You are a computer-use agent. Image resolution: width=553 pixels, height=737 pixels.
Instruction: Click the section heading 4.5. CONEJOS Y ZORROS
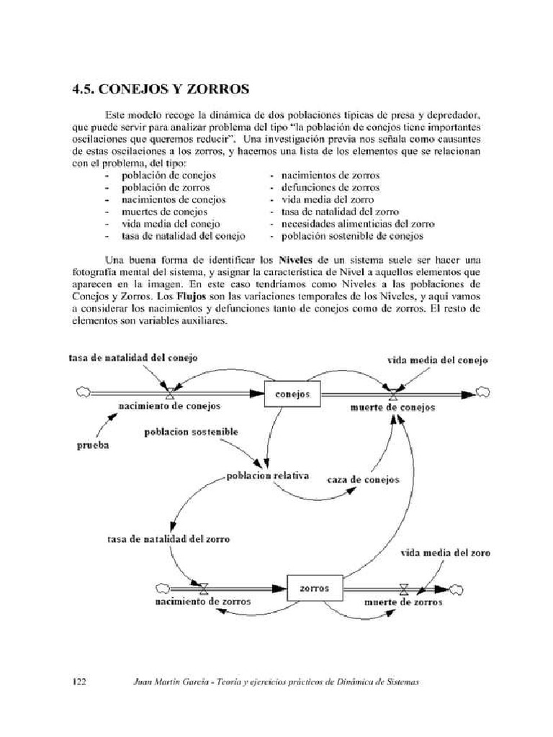point(161,90)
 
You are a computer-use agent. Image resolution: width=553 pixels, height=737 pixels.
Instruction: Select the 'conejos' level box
point(292,394)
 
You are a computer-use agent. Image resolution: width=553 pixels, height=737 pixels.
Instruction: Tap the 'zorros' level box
point(314,588)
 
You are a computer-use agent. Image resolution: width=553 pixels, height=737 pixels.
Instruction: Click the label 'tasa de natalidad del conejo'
point(133,357)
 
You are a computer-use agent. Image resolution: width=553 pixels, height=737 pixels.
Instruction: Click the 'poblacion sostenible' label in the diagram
point(191,432)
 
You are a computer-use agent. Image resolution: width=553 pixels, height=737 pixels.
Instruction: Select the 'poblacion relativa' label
point(267,476)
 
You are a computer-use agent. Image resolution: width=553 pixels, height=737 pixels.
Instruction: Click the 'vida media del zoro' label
point(446,553)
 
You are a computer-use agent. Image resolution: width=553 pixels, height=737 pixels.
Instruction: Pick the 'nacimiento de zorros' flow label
point(203,600)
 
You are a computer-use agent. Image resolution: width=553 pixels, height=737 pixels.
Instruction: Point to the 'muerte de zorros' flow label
point(403,601)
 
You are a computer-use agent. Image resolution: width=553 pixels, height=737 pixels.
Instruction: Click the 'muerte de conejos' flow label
point(392,407)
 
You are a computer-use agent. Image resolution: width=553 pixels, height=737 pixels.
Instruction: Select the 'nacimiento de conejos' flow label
point(170,406)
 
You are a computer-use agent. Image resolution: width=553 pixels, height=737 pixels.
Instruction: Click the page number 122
point(79,682)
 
